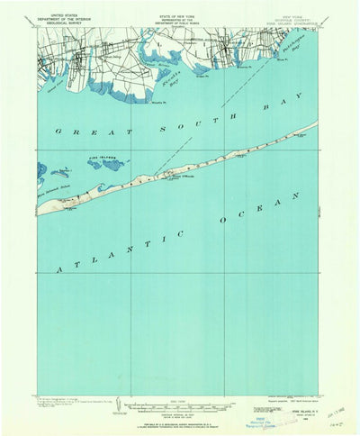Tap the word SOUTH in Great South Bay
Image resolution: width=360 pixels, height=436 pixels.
click(181, 120)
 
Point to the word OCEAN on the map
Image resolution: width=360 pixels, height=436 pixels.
click(249, 210)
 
